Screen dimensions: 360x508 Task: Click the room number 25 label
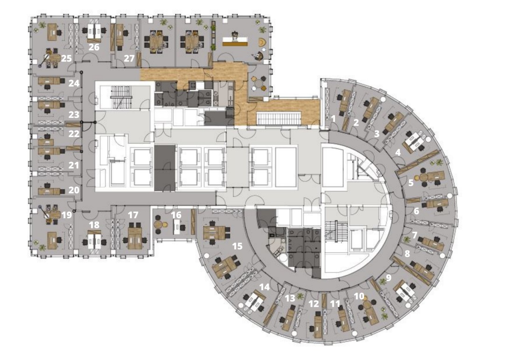tap(67, 58)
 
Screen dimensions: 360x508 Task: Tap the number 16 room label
tap(176, 215)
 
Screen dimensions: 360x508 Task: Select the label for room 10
tap(359, 296)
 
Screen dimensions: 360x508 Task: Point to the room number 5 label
tap(411, 183)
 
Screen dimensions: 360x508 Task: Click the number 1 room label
tap(334, 118)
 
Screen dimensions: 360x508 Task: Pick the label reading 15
tap(237, 246)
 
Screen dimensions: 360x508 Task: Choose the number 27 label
tap(129, 58)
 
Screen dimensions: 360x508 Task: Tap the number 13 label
tap(290, 298)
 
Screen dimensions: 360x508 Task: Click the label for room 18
tap(94, 225)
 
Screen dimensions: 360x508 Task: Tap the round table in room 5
tap(424, 177)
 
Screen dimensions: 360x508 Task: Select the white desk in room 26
tap(95, 32)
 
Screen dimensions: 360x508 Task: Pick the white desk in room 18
tap(95, 240)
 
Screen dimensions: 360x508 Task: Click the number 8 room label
tap(407, 254)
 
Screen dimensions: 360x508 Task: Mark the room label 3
tap(376, 133)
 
